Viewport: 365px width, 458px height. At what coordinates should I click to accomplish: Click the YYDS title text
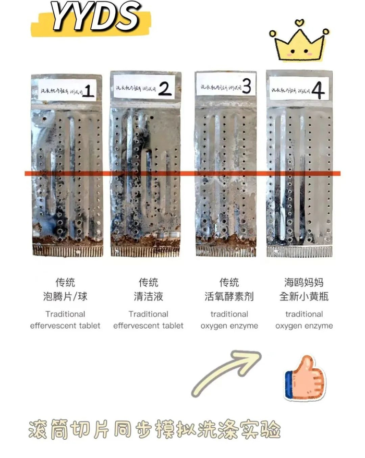click(x=94, y=18)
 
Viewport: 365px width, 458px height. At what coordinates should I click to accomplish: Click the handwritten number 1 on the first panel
click(x=89, y=92)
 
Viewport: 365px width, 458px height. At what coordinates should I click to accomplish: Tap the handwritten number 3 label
click(x=246, y=87)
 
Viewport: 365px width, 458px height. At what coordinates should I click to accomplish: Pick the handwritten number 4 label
click(x=318, y=90)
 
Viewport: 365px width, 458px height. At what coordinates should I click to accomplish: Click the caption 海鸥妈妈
click(x=304, y=283)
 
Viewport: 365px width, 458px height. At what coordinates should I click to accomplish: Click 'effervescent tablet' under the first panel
click(x=65, y=326)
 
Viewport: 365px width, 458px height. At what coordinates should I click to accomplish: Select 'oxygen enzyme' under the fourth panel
click(x=304, y=326)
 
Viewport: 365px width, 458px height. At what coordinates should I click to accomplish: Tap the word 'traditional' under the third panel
click(x=229, y=314)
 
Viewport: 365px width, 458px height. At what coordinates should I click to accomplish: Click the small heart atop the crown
click(x=299, y=23)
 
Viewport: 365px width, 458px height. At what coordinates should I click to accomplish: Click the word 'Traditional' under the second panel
click(x=148, y=314)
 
